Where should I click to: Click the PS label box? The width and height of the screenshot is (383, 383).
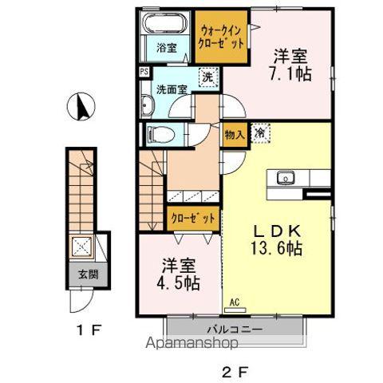(x=144, y=71)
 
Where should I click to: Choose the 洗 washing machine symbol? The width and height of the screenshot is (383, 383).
(x=206, y=77)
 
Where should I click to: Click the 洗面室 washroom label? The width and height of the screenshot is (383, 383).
(x=171, y=89)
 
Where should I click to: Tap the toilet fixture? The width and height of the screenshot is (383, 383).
(x=156, y=133)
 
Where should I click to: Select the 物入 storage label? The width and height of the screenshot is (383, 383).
(x=234, y=136)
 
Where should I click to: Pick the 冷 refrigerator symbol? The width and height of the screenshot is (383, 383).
(x=260, y=135)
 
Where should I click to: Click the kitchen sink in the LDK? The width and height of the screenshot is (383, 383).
(x=285, y=177)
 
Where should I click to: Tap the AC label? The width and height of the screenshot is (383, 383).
(x=235, y=302)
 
